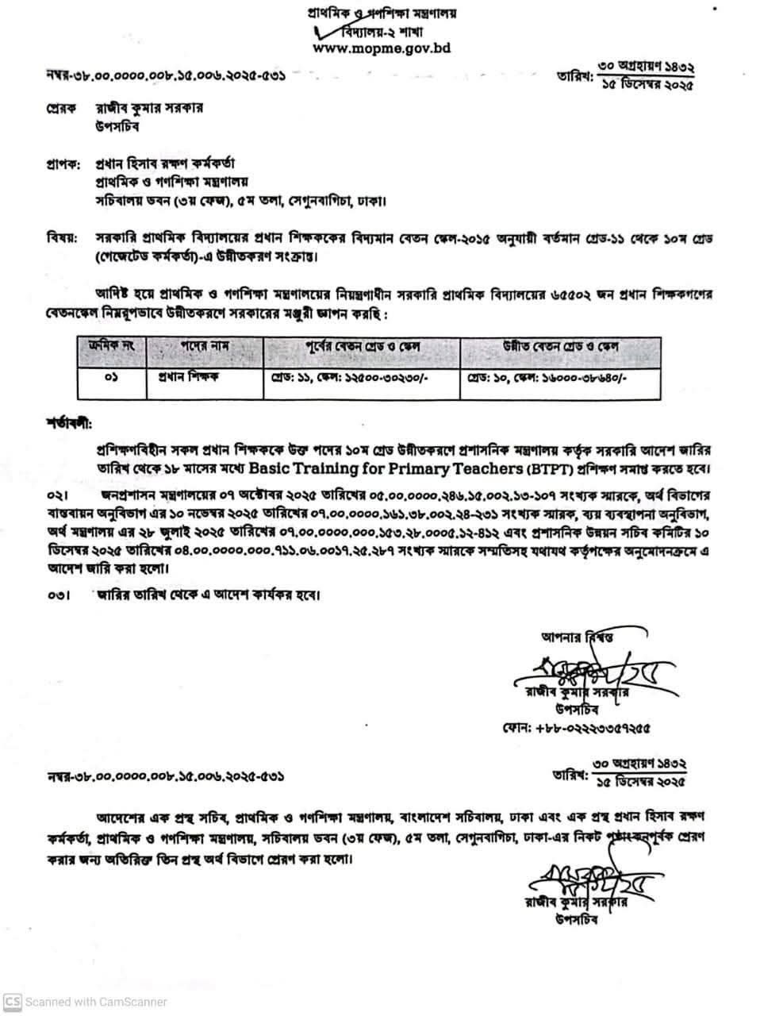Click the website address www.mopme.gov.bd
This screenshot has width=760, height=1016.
click(x=382, y=48)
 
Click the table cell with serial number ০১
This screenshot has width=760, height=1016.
click(x=110, y=379)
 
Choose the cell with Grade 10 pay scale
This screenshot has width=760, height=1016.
click(x=547, y=379)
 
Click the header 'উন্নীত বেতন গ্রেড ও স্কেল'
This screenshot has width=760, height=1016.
click(x=561, y=347)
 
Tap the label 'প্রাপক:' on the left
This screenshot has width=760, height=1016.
click(x=63, y=165)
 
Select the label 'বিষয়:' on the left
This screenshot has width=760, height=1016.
click(x=62, y=237)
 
